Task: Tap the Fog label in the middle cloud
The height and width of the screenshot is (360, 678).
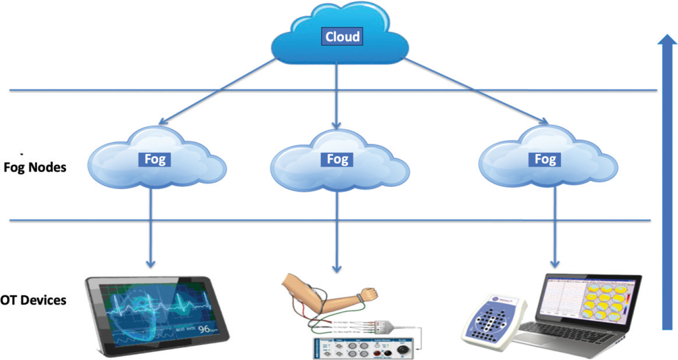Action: point(337,159)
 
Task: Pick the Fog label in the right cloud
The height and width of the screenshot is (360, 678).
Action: point(545,159)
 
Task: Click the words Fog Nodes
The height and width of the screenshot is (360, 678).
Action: point(35,167)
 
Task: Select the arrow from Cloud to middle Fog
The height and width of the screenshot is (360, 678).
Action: point(336,96)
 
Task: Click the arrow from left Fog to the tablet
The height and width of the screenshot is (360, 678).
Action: point(150,228)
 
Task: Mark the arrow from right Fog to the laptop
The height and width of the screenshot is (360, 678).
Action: point(555,228)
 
